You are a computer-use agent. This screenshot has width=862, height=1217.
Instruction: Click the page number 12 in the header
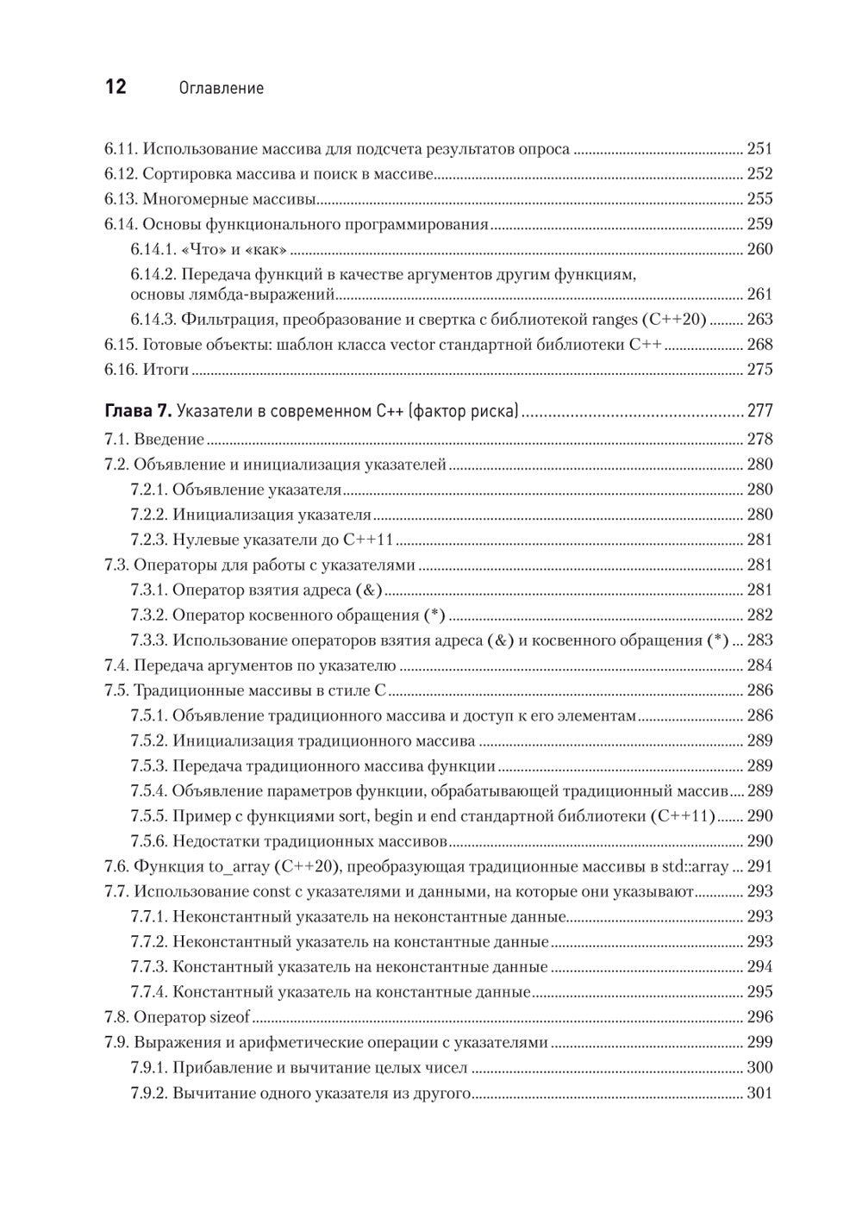116,88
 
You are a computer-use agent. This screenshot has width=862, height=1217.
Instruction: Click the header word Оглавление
219,89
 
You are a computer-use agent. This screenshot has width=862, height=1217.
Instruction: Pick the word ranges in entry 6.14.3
615,319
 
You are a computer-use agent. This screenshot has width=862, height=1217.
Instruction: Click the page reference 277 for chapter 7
760,411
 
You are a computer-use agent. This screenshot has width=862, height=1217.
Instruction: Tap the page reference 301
760,1094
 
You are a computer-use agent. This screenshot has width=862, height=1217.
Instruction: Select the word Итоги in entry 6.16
166,370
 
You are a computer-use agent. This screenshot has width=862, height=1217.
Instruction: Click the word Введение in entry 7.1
169,439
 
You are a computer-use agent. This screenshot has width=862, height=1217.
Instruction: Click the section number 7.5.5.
148,816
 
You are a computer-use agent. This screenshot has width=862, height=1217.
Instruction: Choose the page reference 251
760,149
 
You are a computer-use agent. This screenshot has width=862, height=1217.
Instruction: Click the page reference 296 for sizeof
760,1017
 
